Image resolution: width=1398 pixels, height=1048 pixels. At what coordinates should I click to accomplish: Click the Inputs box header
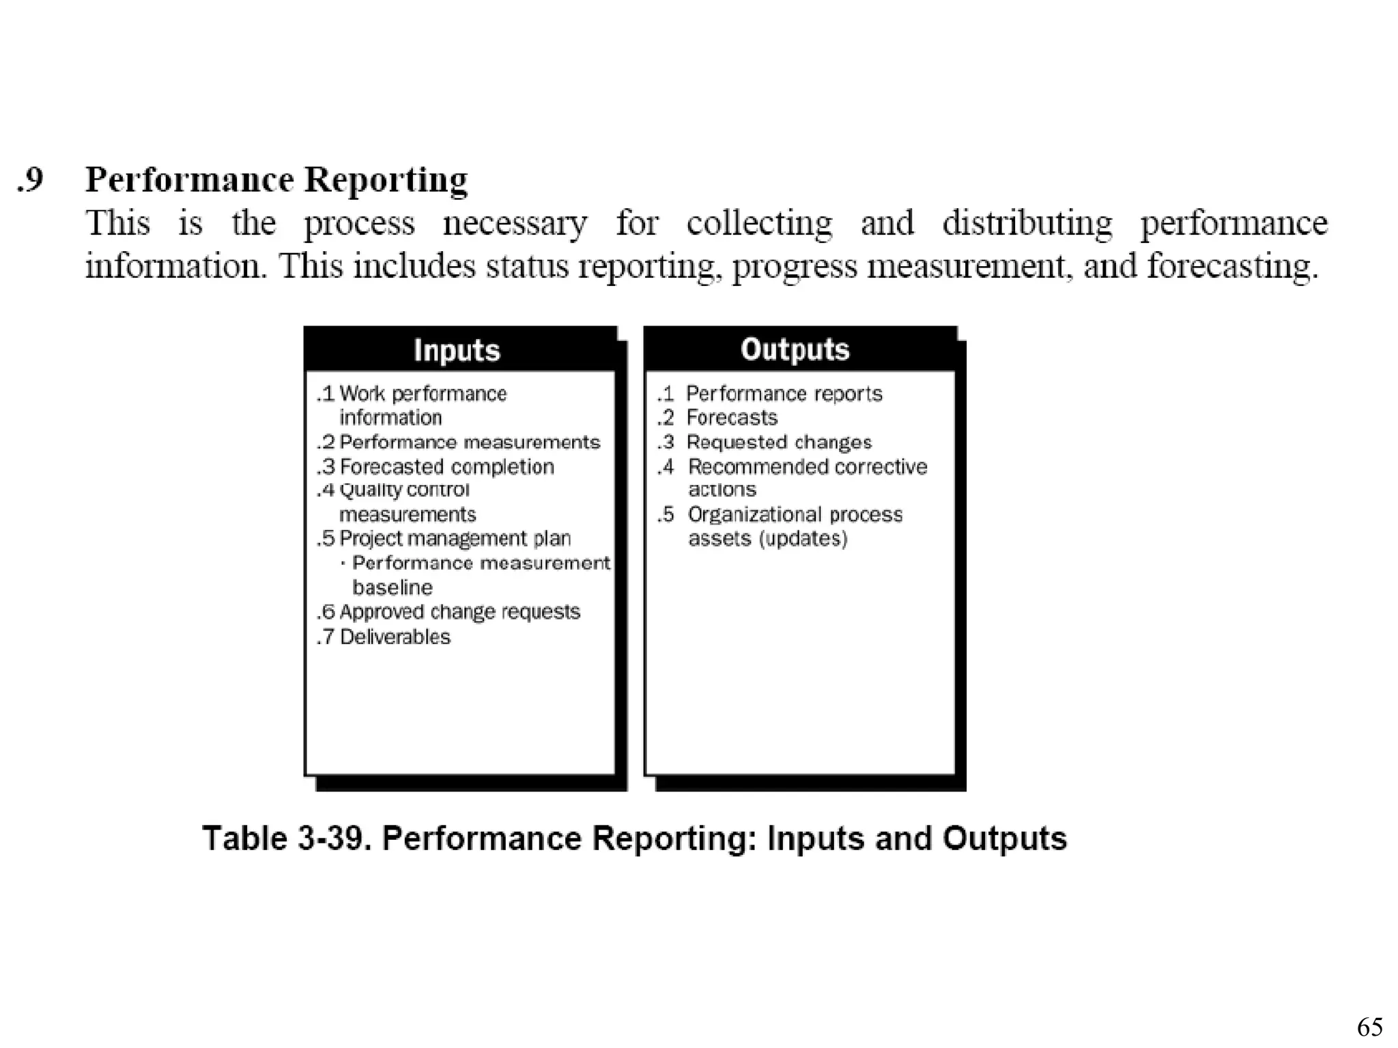click(x=457, y=350)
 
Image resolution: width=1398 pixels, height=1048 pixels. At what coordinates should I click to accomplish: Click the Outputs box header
click(x=795, y=349)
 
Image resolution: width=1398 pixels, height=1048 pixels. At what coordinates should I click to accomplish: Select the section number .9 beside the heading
click(x=31, y=179)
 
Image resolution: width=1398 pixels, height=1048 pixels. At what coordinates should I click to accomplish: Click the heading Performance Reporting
click(x=276, y=180)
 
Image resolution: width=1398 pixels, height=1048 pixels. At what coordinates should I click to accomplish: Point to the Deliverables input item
click(x=395, y=637)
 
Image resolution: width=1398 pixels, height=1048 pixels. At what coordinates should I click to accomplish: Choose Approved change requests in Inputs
click(x=459, y=611)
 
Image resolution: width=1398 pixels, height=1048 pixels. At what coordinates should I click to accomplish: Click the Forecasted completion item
click(x=446, y=467)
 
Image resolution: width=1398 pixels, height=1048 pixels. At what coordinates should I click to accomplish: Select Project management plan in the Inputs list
click(x=455, y=538)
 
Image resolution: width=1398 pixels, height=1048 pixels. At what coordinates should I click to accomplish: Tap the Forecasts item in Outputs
click(x=731, y=417)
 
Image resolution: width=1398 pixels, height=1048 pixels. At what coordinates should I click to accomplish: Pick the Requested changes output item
click(x=779, y=442)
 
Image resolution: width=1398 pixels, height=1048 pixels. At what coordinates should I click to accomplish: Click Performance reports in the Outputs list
click(x=784, y=394)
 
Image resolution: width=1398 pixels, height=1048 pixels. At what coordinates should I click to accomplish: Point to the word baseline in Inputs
click(x=393, y=587)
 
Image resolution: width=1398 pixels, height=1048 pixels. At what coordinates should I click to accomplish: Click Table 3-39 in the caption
click(x=287, y=838)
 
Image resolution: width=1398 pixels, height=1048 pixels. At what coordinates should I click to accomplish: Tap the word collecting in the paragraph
click(x=759, y=223)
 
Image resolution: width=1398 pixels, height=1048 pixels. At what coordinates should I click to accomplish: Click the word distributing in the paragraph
click(x=1027, y=223)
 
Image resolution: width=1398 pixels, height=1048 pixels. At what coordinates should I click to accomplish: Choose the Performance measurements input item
click(x=470, y=442)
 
